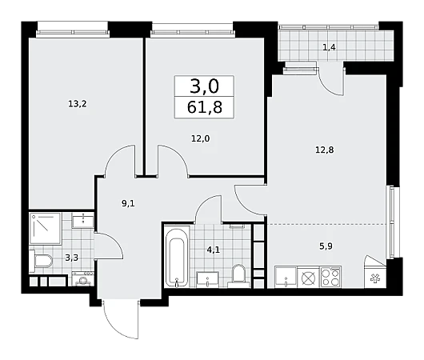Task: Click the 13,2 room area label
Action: pos(78,104)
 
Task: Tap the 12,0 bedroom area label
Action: pos(200,138)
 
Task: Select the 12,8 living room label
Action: pos(325,150)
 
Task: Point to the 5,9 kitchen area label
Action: pos(326,246)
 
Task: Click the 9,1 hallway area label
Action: pos(128,203)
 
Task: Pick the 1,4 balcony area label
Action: pos(329,48)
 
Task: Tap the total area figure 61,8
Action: pos(205,107)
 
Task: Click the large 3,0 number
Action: pos(205,86)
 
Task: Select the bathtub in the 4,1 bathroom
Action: pos(177,257)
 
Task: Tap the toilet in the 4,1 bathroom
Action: pos(239,275)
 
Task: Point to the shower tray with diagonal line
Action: pos(45,229)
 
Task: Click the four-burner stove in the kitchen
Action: pos(330,277)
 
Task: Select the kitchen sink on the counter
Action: pos(286,277)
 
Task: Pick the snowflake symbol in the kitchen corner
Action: pos(375,278)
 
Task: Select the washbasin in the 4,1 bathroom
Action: pos(207,280)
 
